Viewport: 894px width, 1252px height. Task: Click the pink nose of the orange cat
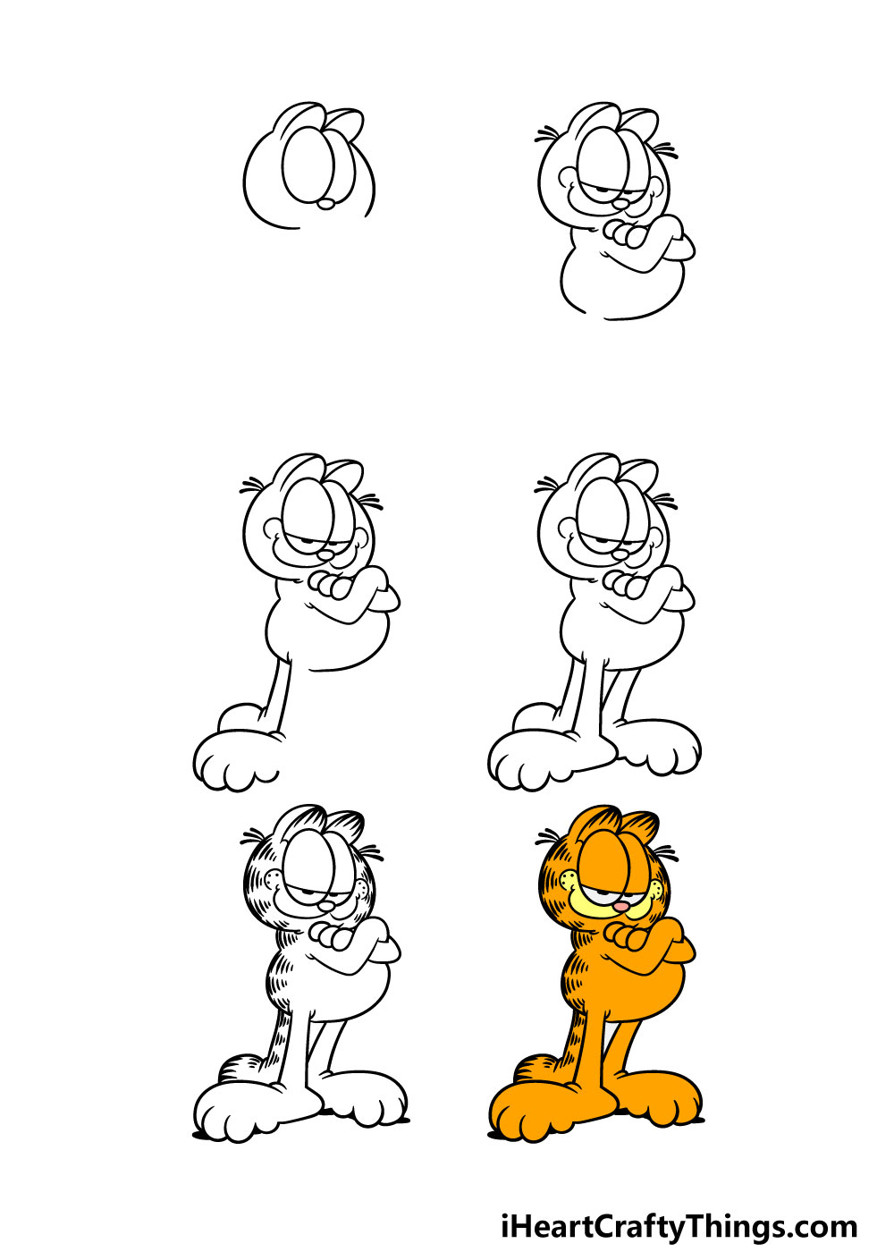620,905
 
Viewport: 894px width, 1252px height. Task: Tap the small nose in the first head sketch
325,204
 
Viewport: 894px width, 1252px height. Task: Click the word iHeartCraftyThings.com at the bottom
679,1211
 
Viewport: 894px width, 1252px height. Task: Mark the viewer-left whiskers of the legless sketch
547,135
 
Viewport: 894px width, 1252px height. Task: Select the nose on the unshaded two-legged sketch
620,554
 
